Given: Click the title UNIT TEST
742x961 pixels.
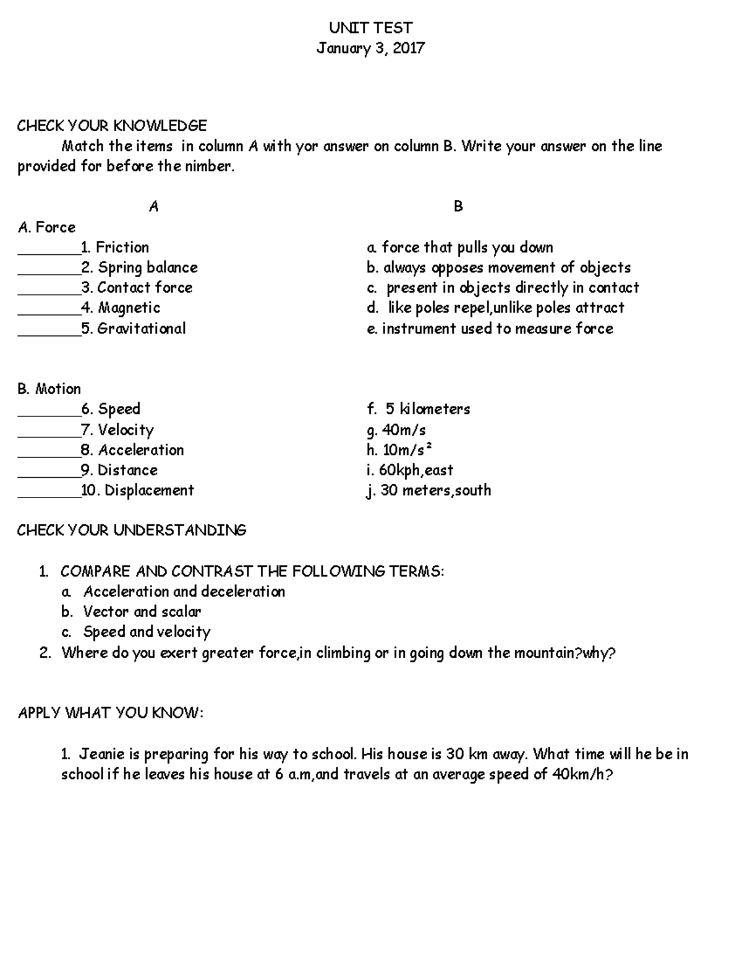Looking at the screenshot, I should (370, 28).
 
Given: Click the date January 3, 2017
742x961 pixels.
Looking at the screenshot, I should (370, 48).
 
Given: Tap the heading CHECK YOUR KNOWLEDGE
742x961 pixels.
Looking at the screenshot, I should (112, 126).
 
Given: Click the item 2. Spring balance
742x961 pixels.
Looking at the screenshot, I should (140, 267).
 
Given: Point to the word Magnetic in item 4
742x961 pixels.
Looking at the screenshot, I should (129, 308).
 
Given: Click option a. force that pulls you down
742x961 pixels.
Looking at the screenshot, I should (459, 248).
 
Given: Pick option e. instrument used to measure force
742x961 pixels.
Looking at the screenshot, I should (490, 328).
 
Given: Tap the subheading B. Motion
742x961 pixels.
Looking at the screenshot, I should (49, 389).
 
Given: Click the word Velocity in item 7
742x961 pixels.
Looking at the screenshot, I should (126, 429).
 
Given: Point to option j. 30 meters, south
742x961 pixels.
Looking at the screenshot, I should (429, 490).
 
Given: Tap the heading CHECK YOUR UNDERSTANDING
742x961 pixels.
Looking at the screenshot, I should (132, 530).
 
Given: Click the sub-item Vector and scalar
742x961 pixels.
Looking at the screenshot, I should (142, 611).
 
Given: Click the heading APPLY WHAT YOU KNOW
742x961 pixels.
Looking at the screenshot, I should (111, 713).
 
